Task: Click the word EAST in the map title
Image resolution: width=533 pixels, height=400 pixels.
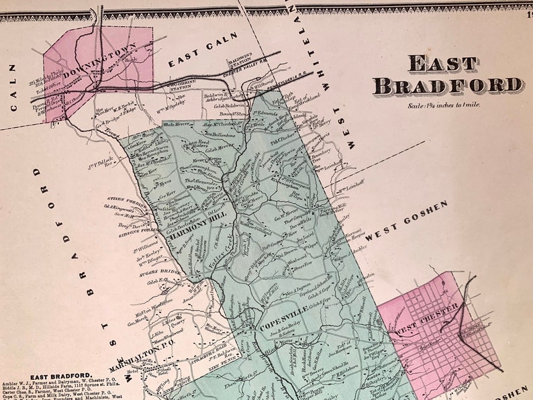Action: (443, 64)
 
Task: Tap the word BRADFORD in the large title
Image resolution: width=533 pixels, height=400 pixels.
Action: (449, 86)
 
